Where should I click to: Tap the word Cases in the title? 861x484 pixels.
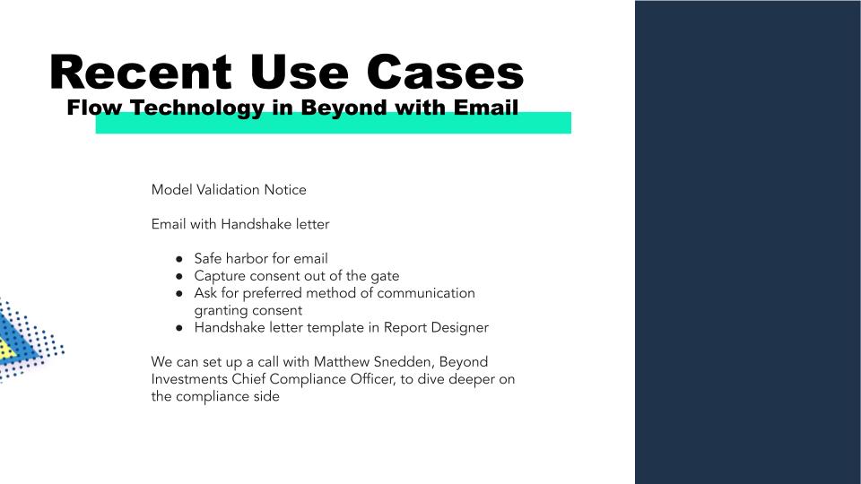445,72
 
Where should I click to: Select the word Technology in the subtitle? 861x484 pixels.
197,108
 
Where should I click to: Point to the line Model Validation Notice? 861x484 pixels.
229,190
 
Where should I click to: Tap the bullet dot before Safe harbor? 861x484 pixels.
179,259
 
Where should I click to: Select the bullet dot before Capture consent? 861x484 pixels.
179,276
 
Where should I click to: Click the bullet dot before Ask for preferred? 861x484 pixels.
179,294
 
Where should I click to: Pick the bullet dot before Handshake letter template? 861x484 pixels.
179,328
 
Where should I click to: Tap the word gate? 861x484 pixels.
385,277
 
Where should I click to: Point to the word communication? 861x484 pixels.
425,293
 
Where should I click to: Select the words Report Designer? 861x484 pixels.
436,328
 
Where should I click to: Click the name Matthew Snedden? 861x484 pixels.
372,362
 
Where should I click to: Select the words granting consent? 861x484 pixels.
248,311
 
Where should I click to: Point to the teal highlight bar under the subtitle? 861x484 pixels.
334,123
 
